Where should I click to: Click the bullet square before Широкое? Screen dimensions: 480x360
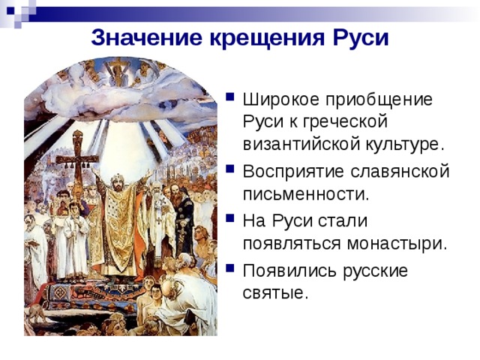click(230, 97)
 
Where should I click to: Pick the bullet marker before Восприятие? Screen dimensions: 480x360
click(230, 169)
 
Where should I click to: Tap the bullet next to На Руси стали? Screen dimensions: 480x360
click(230, 218)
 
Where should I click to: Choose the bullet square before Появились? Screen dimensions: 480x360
click(230, 268)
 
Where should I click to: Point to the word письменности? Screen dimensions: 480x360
click(306, 193)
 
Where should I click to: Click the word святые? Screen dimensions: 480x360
click(275, 293)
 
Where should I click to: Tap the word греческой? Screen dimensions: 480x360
click(345, 121)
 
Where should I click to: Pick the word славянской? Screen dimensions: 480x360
click(400, 172)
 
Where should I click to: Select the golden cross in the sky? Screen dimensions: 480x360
click(118, 69)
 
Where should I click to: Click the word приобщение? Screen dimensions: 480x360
click(379, 100)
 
